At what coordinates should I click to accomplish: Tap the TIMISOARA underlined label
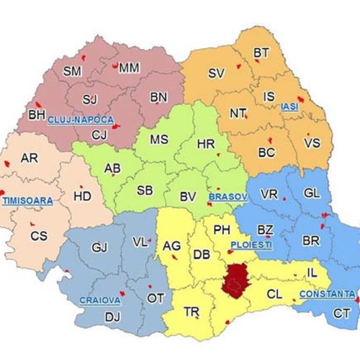24,199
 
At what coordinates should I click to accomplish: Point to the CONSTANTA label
327,294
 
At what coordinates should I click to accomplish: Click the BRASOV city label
228,196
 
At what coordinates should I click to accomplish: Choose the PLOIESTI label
251,245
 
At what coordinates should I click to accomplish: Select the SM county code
73,71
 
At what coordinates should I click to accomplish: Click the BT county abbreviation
261,52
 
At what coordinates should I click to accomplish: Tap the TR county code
192,312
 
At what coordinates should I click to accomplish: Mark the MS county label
159,140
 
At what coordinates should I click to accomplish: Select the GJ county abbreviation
99,248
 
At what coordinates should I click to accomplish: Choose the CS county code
39,235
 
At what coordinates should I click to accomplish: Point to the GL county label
312,193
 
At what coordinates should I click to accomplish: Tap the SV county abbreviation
216,73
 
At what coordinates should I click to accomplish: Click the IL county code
312,273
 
